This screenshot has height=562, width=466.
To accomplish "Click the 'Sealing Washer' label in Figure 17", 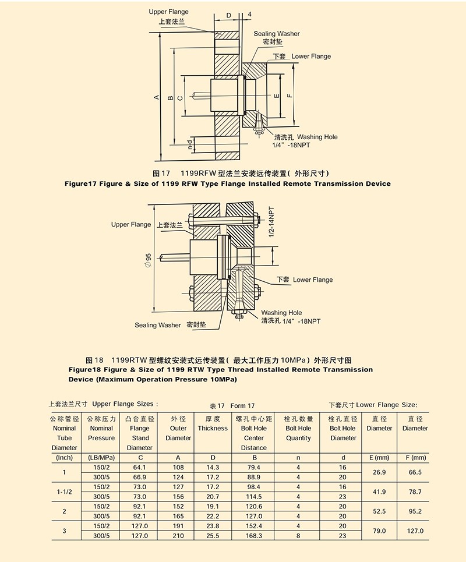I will (277, 34).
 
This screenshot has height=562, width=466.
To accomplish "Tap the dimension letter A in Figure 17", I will (156, 97).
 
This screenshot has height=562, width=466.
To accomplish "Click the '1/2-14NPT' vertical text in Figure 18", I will (271, 222).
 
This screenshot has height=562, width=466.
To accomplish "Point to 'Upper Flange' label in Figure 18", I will (131, 224).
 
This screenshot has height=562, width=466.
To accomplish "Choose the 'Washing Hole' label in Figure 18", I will (281, 313).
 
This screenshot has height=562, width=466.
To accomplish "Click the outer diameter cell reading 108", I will (178, 467).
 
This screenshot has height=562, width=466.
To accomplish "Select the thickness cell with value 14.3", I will (213, 467).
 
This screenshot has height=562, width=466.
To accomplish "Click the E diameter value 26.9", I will (379, 472).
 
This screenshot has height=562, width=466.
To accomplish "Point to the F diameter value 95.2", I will (415, 511).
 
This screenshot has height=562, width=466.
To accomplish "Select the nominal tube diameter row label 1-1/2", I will (64, 492).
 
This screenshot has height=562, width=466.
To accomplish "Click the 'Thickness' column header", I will (213, 428).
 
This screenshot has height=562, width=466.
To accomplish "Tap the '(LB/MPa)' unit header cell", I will (101, 458).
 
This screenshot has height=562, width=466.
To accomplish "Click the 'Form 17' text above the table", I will (242, 405).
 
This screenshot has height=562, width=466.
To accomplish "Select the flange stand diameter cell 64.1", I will (140, 467).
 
